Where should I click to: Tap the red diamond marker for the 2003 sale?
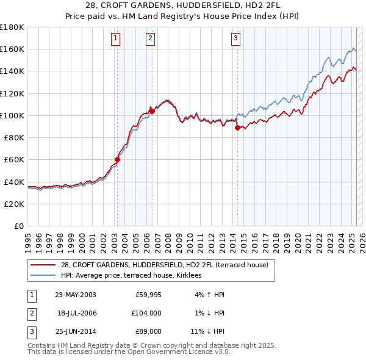point(117,160)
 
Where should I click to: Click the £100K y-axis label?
point(12,115)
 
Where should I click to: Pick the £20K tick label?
point(14,204)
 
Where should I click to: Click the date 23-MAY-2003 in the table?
point(76,295)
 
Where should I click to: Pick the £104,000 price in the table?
point(146,312)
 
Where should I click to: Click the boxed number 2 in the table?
point(31,312)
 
